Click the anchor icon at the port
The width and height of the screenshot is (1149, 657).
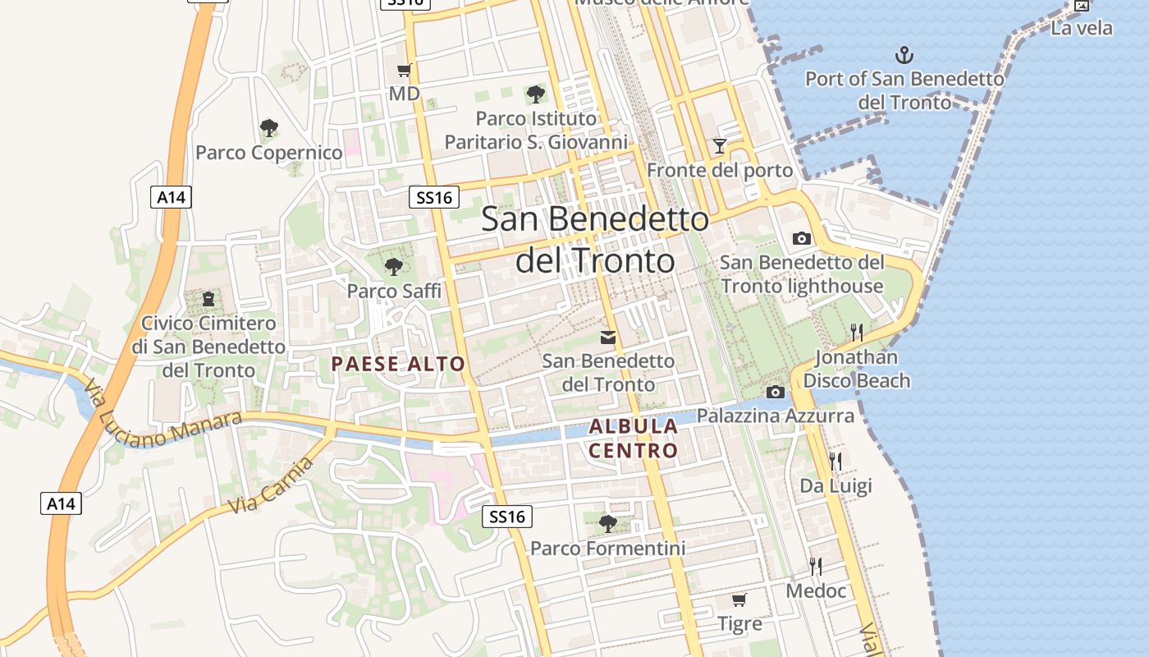pyautogui.click(x=904, y=56)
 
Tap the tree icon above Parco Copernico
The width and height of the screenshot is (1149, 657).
pyautogui.click(x=268, y=128)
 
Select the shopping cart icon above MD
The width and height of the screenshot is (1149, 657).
pyautogui.click(x=403, y=70)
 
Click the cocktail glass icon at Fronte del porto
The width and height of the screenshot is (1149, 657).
pyautogui.click(x=720, y=146)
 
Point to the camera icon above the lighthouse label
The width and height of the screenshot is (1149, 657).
pyautogui.click(x=802, y=238)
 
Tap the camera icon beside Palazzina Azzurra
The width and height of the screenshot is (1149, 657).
pyautogui.click(x=775, y=393)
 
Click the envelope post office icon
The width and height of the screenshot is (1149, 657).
pyautogui.click(x=608, y=338)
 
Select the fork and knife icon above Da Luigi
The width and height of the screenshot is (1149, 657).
pyautogui.click(x=835, y=461)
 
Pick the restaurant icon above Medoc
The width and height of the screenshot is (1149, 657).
pyautogui.click(x=816, y=566)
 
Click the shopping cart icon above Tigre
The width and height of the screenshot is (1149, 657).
pyautogui.click(x=739, y=600)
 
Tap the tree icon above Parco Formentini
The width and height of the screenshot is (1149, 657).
pyautogui.click(x=607, y=524)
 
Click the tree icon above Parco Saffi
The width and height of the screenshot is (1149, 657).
pyautogui.click(x=394, y=266)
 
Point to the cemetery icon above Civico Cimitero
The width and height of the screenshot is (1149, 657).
pyautogui.click(x=208, y=298)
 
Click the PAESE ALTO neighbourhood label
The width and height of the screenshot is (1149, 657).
pyautogui.click(x=398, y=364)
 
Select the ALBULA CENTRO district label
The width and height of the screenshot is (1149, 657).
pyautogui.click(x=634, y=438)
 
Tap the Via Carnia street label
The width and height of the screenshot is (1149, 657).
pyautogui.click(x=272, y=485)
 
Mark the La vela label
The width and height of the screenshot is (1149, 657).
pyautogui.click(x=1082, y=28)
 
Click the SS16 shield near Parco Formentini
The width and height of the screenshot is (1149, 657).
pyautogui.click(x=506, y=517)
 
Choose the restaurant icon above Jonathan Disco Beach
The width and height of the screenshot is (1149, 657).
pyautogui.click(x=856, y=332)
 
